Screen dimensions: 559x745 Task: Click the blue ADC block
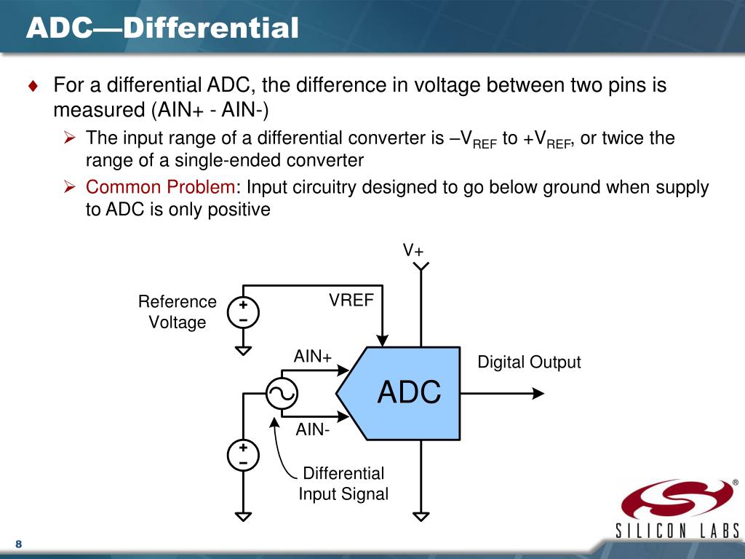[407, 393]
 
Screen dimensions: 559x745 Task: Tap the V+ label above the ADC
[413, 250]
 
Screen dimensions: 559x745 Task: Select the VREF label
[351, 300]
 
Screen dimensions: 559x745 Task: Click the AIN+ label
[312, 357]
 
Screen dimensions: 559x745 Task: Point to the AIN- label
[312, 429]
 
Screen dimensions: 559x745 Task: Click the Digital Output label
[529, 362]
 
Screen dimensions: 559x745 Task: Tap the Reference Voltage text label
[178, 312]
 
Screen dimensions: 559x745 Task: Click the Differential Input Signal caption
[343, 483]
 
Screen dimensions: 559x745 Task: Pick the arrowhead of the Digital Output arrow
[538, 393]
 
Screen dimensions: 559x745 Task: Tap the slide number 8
[18, 545]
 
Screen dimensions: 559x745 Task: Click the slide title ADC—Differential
[162, 28]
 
